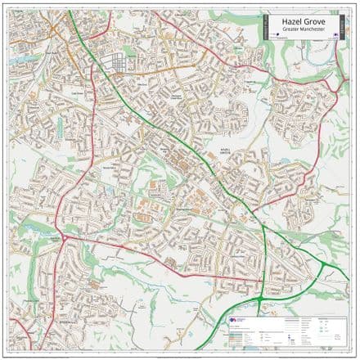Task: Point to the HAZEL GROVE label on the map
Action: pos(227,152)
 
